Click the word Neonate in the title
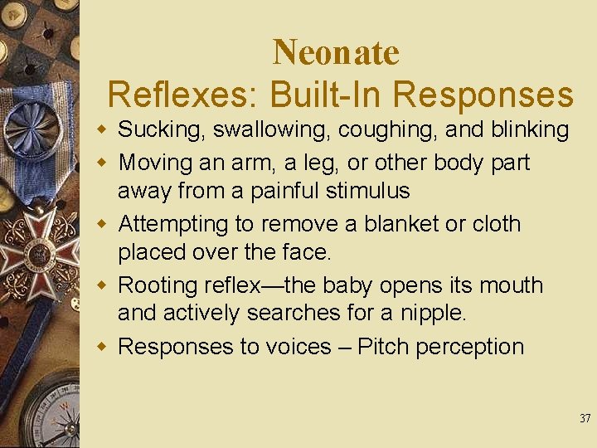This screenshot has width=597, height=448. click(x=336, y=52)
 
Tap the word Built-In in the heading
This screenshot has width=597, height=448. click(x=306, y=95)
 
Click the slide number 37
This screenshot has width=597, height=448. click(x=585, y=419)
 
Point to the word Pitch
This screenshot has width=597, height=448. click(x=384, y=347)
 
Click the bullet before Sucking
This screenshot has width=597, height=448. click(x=100, y=130)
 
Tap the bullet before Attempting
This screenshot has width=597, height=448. click(x=100, y=225)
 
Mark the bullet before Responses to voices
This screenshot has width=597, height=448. click(x=100, y=348)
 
